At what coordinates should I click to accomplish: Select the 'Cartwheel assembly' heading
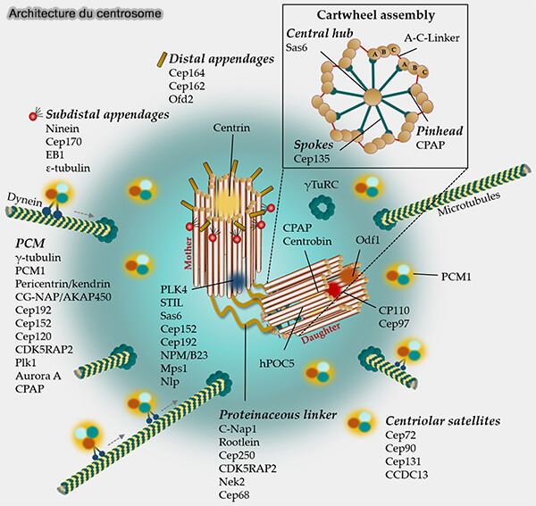tap(403, 15)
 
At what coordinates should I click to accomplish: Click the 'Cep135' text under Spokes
tap(312, 159)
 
